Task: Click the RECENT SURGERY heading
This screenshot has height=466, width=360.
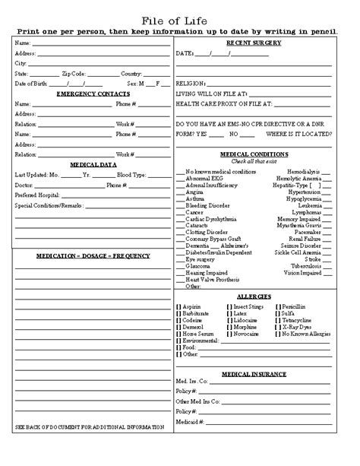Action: (255, 43)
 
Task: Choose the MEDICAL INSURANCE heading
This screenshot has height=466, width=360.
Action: (255, 374)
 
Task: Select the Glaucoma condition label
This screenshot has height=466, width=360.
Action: (198, 266)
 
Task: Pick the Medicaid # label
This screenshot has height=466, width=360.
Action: (190, 442)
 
